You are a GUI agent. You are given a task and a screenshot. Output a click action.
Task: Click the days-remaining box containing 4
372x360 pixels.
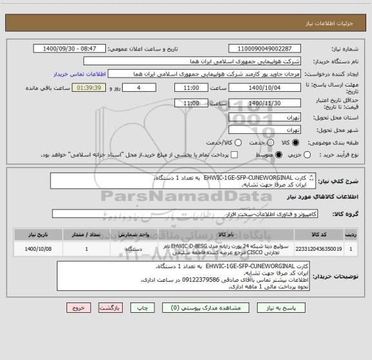(139, 87)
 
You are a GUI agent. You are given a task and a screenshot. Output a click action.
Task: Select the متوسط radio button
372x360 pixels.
(279, 154)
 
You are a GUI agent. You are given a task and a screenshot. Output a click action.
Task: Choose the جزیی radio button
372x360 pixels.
(307, 154)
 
